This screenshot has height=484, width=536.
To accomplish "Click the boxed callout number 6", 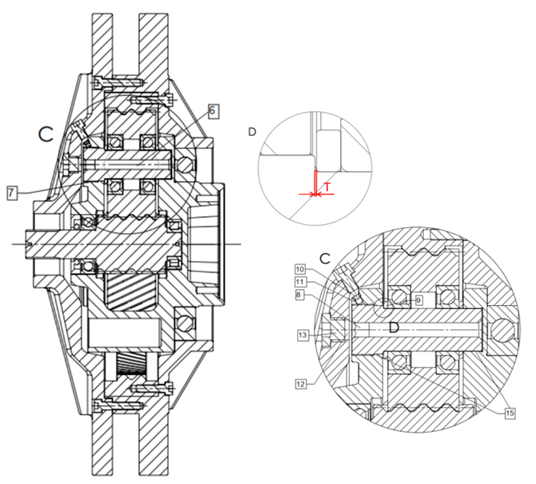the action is (x=213, y=111).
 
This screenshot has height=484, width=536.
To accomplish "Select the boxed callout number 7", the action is (x=12, y=193).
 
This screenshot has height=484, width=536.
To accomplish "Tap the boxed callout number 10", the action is (x=299, y=269).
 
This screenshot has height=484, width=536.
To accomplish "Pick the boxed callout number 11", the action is (x=299, y=282).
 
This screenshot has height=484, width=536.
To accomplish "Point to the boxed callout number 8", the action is (x=299, y=295).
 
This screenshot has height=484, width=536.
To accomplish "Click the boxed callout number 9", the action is (x=419, y=300).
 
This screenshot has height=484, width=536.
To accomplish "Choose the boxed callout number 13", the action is (x=303, y=334).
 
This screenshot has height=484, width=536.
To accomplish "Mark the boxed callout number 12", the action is (x=300, y=384).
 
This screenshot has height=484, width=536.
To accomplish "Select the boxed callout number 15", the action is (x=510, y=413).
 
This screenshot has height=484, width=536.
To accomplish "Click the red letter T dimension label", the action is (x=327, y=187).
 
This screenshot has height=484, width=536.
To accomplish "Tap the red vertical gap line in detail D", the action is (x=315, y=183).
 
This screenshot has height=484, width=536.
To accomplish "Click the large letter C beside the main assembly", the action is (x=46, y=134).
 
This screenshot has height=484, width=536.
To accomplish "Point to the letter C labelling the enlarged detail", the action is (x=325, y=258).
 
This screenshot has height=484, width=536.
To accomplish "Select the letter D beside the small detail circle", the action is (x=252, y=132).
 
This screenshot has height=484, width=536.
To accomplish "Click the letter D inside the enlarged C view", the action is (x=394, y=328).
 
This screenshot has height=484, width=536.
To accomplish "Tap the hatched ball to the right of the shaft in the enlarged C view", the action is (x=502, y=329).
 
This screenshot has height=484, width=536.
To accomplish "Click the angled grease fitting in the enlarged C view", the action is (x=348, y=283).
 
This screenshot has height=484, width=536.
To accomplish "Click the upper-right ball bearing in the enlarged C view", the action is (x=447, y=296).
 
